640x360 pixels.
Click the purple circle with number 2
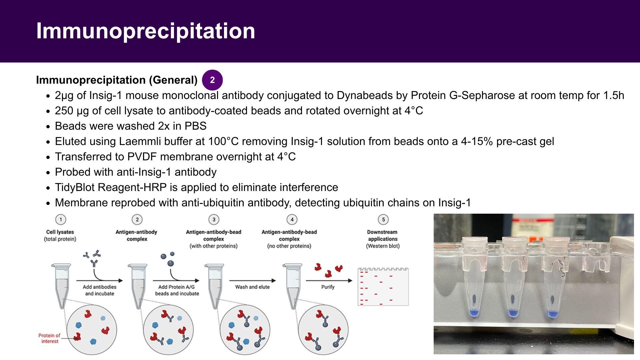212,80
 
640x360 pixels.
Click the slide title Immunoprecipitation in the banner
146,31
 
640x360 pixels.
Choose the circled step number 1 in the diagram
61,219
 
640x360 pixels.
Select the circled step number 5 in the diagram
383,219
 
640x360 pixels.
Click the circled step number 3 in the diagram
214,219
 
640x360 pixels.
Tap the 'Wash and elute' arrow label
252,287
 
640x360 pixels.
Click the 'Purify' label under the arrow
328,287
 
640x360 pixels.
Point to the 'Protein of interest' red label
49,338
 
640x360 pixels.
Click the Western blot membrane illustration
383,287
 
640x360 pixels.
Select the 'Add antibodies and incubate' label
100,290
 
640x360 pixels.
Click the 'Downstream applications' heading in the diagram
383,235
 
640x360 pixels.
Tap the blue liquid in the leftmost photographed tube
473,312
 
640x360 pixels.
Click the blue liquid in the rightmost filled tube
553,314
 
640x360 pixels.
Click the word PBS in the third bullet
195,126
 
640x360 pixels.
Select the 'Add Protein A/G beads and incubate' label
177,290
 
